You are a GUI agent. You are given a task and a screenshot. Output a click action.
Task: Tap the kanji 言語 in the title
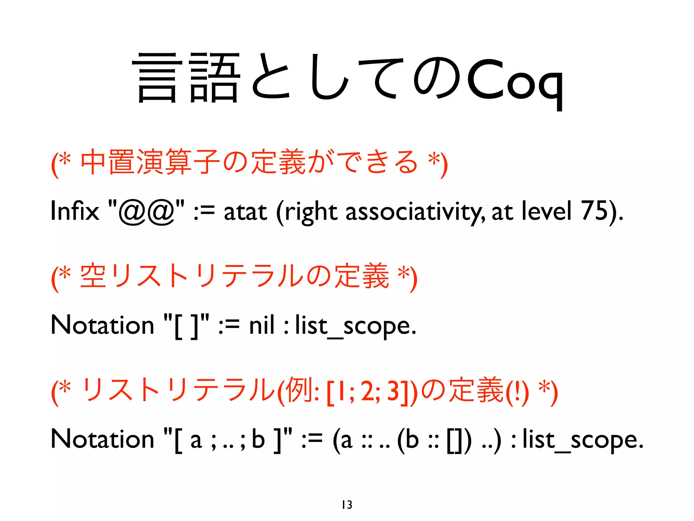pyautogui.click(x=188, y=78)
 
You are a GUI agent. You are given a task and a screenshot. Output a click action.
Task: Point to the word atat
pyautogui.click(x=245, y=212)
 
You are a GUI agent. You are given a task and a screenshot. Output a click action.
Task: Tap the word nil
pyautogui.click(x=261, y=325)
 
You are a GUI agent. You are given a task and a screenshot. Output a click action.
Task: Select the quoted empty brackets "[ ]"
pyautogui.click(x=186, y=325)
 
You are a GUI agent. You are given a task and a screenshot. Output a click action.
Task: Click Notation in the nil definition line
pyautogui.click(x=102, y=325)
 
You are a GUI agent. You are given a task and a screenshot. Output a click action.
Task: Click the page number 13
pyautogui.click(x=347, y=505)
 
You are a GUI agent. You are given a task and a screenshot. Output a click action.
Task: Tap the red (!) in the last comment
pyautogui.click(x=517, y=391)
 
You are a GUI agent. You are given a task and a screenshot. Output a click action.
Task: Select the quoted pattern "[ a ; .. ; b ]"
pyautogui.click(x=227, y=440)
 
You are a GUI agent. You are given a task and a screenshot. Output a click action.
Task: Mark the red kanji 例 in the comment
pyautogui.click(x=298, y=390)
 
